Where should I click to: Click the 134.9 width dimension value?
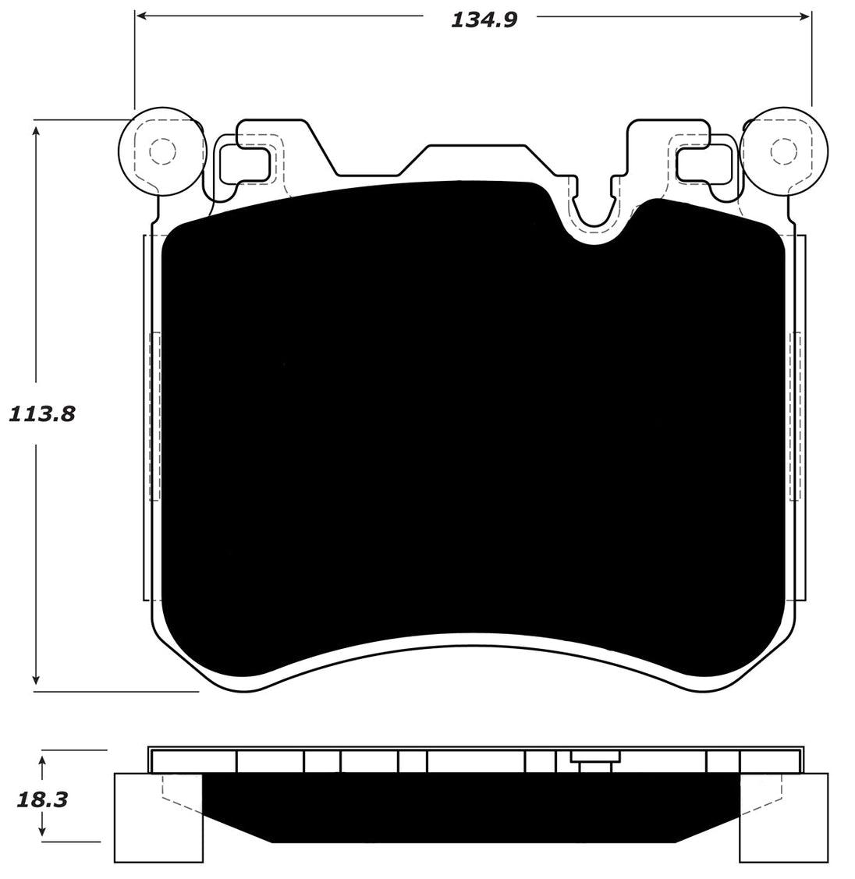[484, 19]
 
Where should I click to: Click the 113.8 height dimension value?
[42, 414]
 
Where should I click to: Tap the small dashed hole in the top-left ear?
[161, 151]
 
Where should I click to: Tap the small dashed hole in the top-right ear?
[782, 151]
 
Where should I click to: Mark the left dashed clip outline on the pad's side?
[154, 416]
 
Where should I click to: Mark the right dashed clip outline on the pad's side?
[795, 416]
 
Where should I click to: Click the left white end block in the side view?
[156, 819]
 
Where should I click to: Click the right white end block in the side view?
[782, 819]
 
